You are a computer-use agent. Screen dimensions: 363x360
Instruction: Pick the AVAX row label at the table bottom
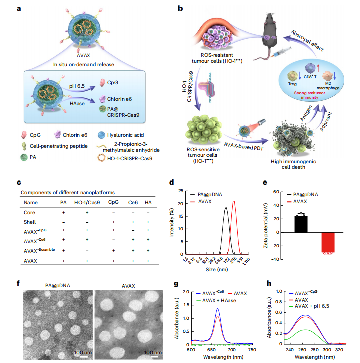30,261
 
